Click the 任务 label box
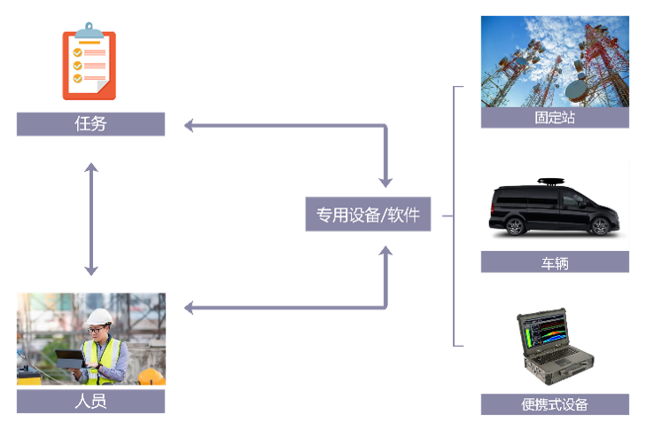(90, 124)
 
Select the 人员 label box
(90, 402)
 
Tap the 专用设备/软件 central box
(368, 215)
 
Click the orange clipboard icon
(89, 62)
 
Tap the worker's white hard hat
(99, 317)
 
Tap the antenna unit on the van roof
(551, 180)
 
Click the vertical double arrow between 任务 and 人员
(90, 218)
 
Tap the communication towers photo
(555, 60)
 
